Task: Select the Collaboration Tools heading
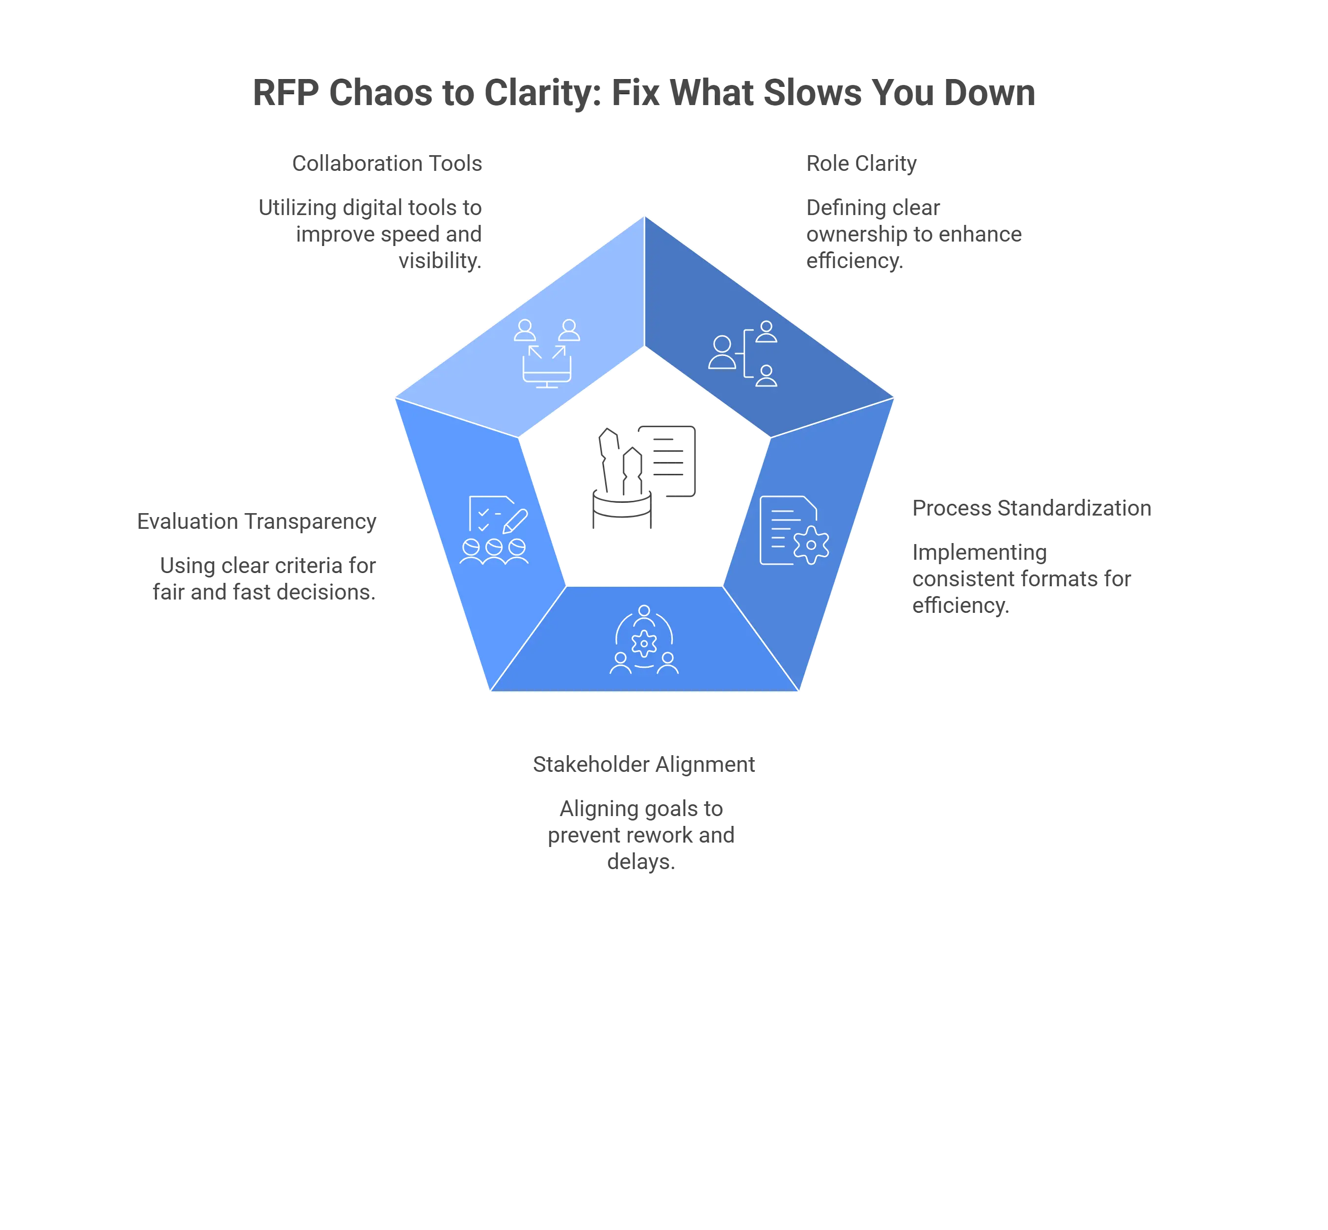387,163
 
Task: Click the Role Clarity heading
862,164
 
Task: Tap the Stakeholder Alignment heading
644,765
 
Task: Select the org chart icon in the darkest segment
743,354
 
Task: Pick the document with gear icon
795,530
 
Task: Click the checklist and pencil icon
494,530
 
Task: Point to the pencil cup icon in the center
622,479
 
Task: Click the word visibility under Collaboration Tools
440,261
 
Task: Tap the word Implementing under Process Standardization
980,553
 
